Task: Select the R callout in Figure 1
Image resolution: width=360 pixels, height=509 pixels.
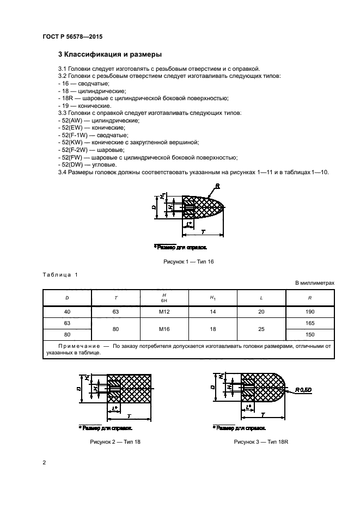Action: [x=217, y=186]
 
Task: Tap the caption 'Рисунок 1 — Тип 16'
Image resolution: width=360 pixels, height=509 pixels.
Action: [x=188, y=262]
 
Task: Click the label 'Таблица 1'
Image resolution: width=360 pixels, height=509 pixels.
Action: [x=60, y=274]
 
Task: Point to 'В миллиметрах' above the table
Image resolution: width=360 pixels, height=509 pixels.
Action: [x=314, y=283]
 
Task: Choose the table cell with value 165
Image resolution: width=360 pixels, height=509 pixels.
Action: [x=310, y=323]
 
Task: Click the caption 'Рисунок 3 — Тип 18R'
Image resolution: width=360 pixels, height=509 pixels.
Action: [x=261, y=442]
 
